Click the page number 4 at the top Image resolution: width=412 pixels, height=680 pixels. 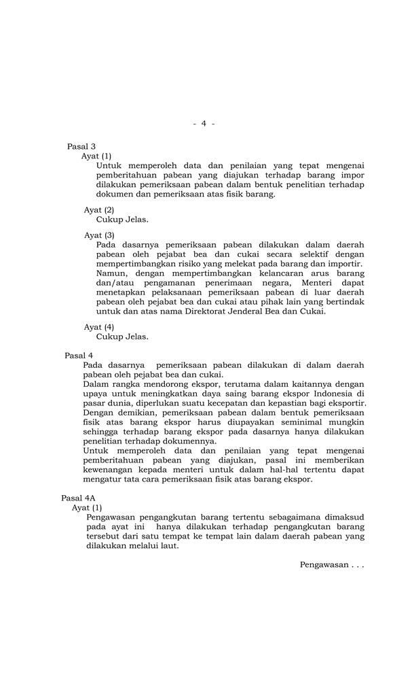(x=204, y=123)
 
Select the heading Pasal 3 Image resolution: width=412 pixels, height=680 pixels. (x=81, y=146)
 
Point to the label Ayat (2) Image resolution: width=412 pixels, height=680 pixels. (x=99, y=209)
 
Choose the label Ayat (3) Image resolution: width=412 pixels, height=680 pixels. (x=99, y=235)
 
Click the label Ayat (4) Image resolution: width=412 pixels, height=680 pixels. (x=99, y=327)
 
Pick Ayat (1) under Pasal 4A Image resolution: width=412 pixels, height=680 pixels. (x=87, y=507)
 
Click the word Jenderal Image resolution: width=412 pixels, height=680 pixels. (x=253, y=311)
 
